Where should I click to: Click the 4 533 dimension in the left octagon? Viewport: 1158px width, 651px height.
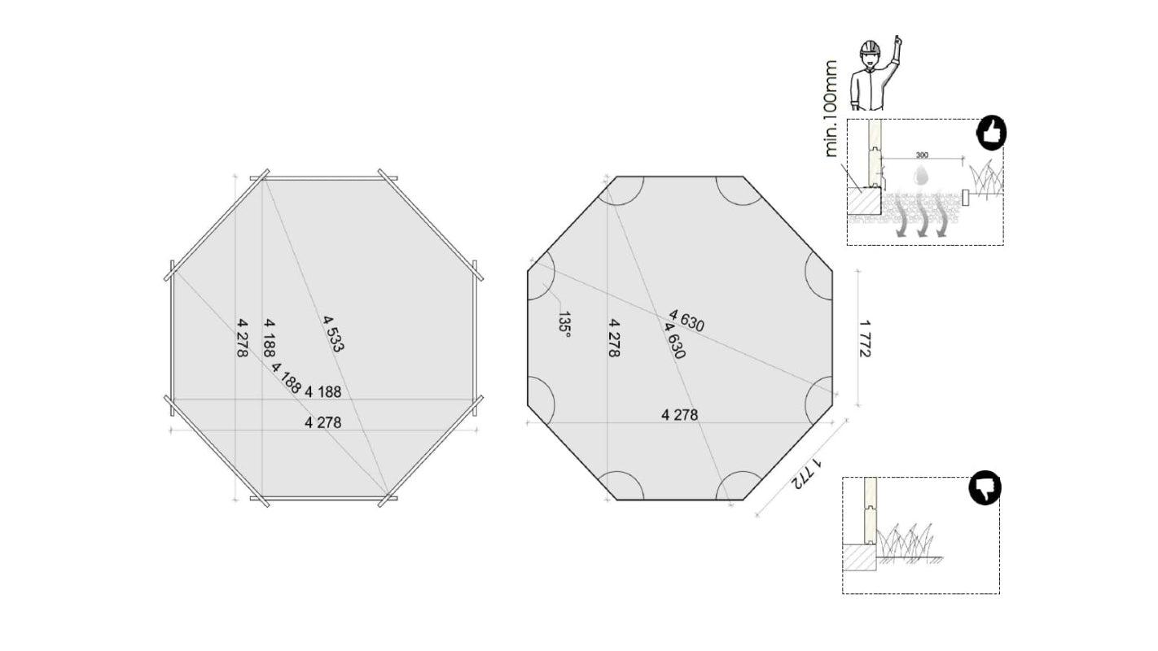333,334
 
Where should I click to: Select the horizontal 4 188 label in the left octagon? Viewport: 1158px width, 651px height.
322,391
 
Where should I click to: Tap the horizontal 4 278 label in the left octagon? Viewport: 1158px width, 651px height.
322,422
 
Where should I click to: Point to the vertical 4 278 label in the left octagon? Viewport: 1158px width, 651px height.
243,337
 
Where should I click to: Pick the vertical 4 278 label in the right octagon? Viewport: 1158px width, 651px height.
616,337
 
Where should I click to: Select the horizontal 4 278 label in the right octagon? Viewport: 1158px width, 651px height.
679,415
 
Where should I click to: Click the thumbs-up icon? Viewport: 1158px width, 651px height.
991,133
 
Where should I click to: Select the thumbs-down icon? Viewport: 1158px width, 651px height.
985,488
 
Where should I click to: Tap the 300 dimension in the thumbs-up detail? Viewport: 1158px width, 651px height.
922,155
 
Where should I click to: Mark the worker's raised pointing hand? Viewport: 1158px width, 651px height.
897,42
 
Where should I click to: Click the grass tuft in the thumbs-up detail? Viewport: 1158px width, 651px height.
986,181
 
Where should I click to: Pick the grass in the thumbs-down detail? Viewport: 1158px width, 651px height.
908,542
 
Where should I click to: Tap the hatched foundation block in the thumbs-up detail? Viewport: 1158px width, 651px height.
863,200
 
